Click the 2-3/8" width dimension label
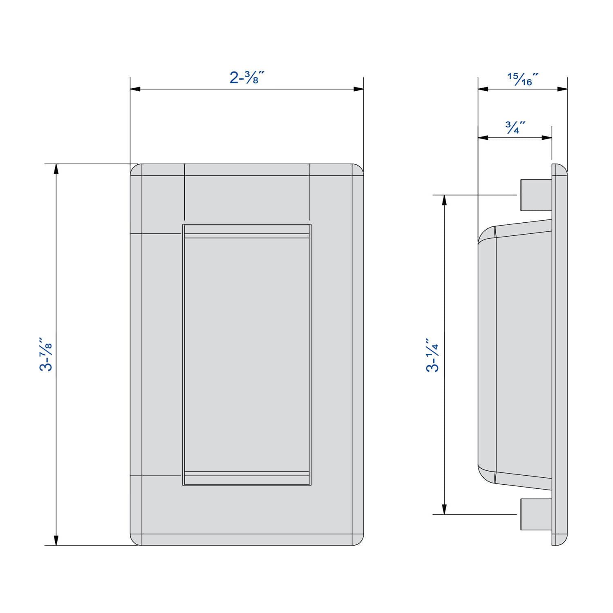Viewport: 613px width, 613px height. click(247, 77)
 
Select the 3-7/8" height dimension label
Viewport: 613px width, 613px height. click(46, 354)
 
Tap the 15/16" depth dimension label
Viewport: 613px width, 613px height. click(523, 79)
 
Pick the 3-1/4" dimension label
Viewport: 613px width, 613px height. click(433, 355)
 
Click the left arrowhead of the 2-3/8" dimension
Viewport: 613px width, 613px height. click(135, 89)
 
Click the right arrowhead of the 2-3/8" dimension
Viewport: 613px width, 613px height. click(359, 89)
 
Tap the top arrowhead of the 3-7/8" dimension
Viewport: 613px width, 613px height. click(56, 169)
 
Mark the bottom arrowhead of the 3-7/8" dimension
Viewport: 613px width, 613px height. click(56, 540)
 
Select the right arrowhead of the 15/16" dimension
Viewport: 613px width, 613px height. click(562, 89)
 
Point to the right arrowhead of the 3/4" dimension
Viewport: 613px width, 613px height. click(547, 138)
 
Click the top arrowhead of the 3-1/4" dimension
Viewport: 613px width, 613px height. click(445, 200)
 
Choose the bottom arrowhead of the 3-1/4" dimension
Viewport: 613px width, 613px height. click(445, 509)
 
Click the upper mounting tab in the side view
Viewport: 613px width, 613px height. click(536, 195)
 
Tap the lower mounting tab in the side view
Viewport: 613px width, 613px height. click(536, 514)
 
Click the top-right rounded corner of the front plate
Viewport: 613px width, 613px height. click(358, 170)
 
